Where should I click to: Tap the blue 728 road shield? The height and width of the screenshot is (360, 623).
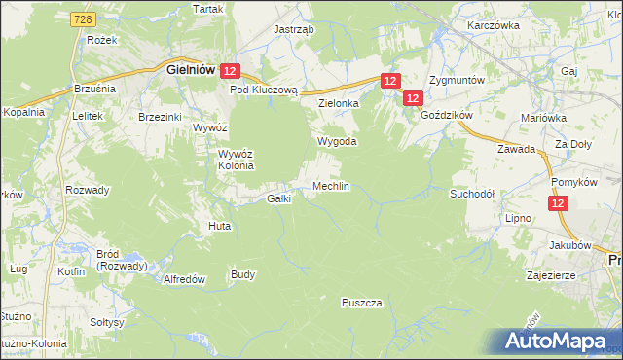point(85,19)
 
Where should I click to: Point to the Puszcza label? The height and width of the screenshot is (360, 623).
point(361,303)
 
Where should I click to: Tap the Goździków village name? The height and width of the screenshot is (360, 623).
point(447,114)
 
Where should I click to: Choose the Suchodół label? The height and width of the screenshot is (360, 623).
point(472,194)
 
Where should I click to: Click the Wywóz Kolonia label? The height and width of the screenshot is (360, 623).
point(236,159)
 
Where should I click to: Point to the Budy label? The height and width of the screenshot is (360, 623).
point(242,274)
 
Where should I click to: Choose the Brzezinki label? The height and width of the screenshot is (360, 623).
point(161,116)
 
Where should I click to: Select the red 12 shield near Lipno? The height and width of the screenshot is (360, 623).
point(558,203)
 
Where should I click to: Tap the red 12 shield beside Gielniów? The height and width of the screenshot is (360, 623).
point(230,71)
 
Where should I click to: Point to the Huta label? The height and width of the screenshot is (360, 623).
point(219,226)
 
